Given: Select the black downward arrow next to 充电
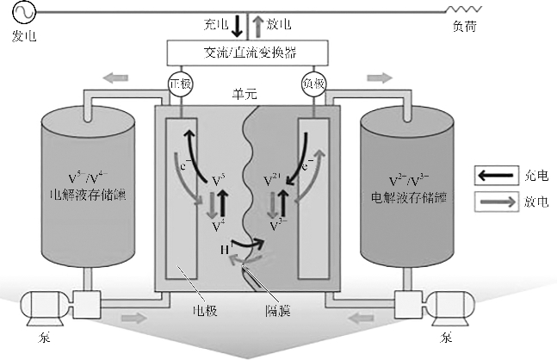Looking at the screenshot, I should [237, 26].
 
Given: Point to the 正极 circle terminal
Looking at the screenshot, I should [181, 84].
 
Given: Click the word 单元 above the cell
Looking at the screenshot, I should [245, 92].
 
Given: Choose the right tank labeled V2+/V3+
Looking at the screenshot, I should [409, 185].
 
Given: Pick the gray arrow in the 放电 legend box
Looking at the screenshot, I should [492, 202].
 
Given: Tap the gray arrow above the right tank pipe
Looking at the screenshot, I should [379, 78].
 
